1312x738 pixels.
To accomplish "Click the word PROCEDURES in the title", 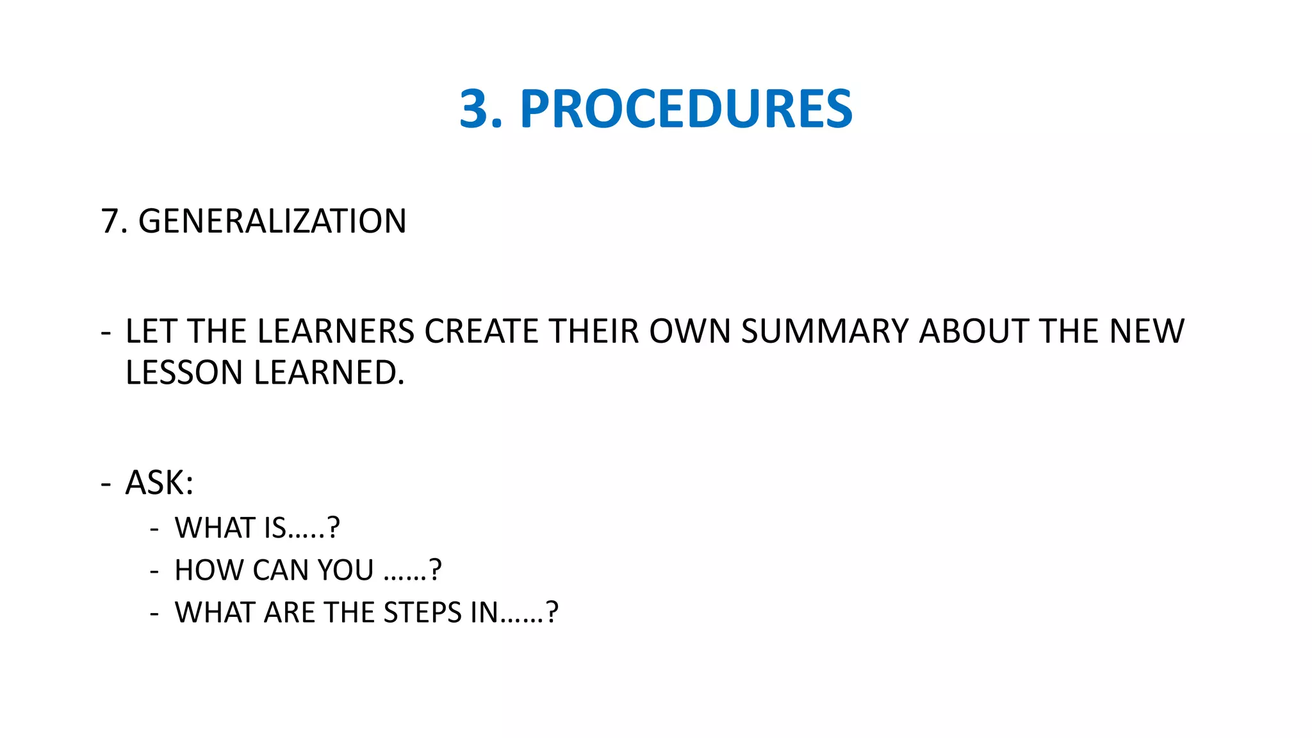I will pos(685,109).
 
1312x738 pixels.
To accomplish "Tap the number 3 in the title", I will pos(475,109).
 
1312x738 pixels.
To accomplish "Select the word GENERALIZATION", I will pos(272,222).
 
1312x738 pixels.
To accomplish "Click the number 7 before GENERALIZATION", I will pos(110,222).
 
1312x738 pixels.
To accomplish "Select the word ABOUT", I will pos(974,332).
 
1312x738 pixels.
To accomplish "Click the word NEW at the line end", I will pos(1147,332).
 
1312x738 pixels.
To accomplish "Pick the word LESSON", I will pos(184,373).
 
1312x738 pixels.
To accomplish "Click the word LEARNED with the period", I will pos(329,373).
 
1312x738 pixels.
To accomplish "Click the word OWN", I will pos(690,332).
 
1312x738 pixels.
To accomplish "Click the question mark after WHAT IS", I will pos(333,528).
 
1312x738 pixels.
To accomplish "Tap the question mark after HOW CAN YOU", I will pos(436,570).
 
